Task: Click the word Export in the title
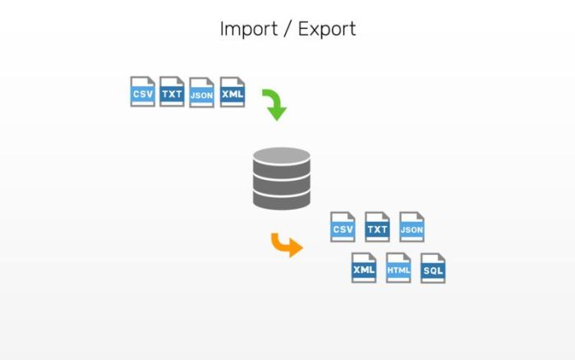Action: click(326, 29)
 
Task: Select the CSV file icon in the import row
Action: click(142, 91)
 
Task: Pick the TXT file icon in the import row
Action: click(172, 91)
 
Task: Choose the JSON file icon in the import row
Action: click(201, 92)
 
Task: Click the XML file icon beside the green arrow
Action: click(232, 91)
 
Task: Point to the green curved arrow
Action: click(274, 104)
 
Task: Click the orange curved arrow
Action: click(286, 244)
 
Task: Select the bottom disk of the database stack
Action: click(282, 198)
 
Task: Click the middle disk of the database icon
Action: click(282, 178)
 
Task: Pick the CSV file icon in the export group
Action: click(343, 227)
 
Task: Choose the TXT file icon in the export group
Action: click(377, 227)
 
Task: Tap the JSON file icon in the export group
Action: click(412, 227)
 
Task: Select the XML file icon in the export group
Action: click(364, 268)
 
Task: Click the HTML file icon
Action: click(398, 268)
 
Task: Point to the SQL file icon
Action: click(433, 268)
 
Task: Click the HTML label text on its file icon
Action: click(398, 270)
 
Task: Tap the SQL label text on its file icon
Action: click(433, 270)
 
